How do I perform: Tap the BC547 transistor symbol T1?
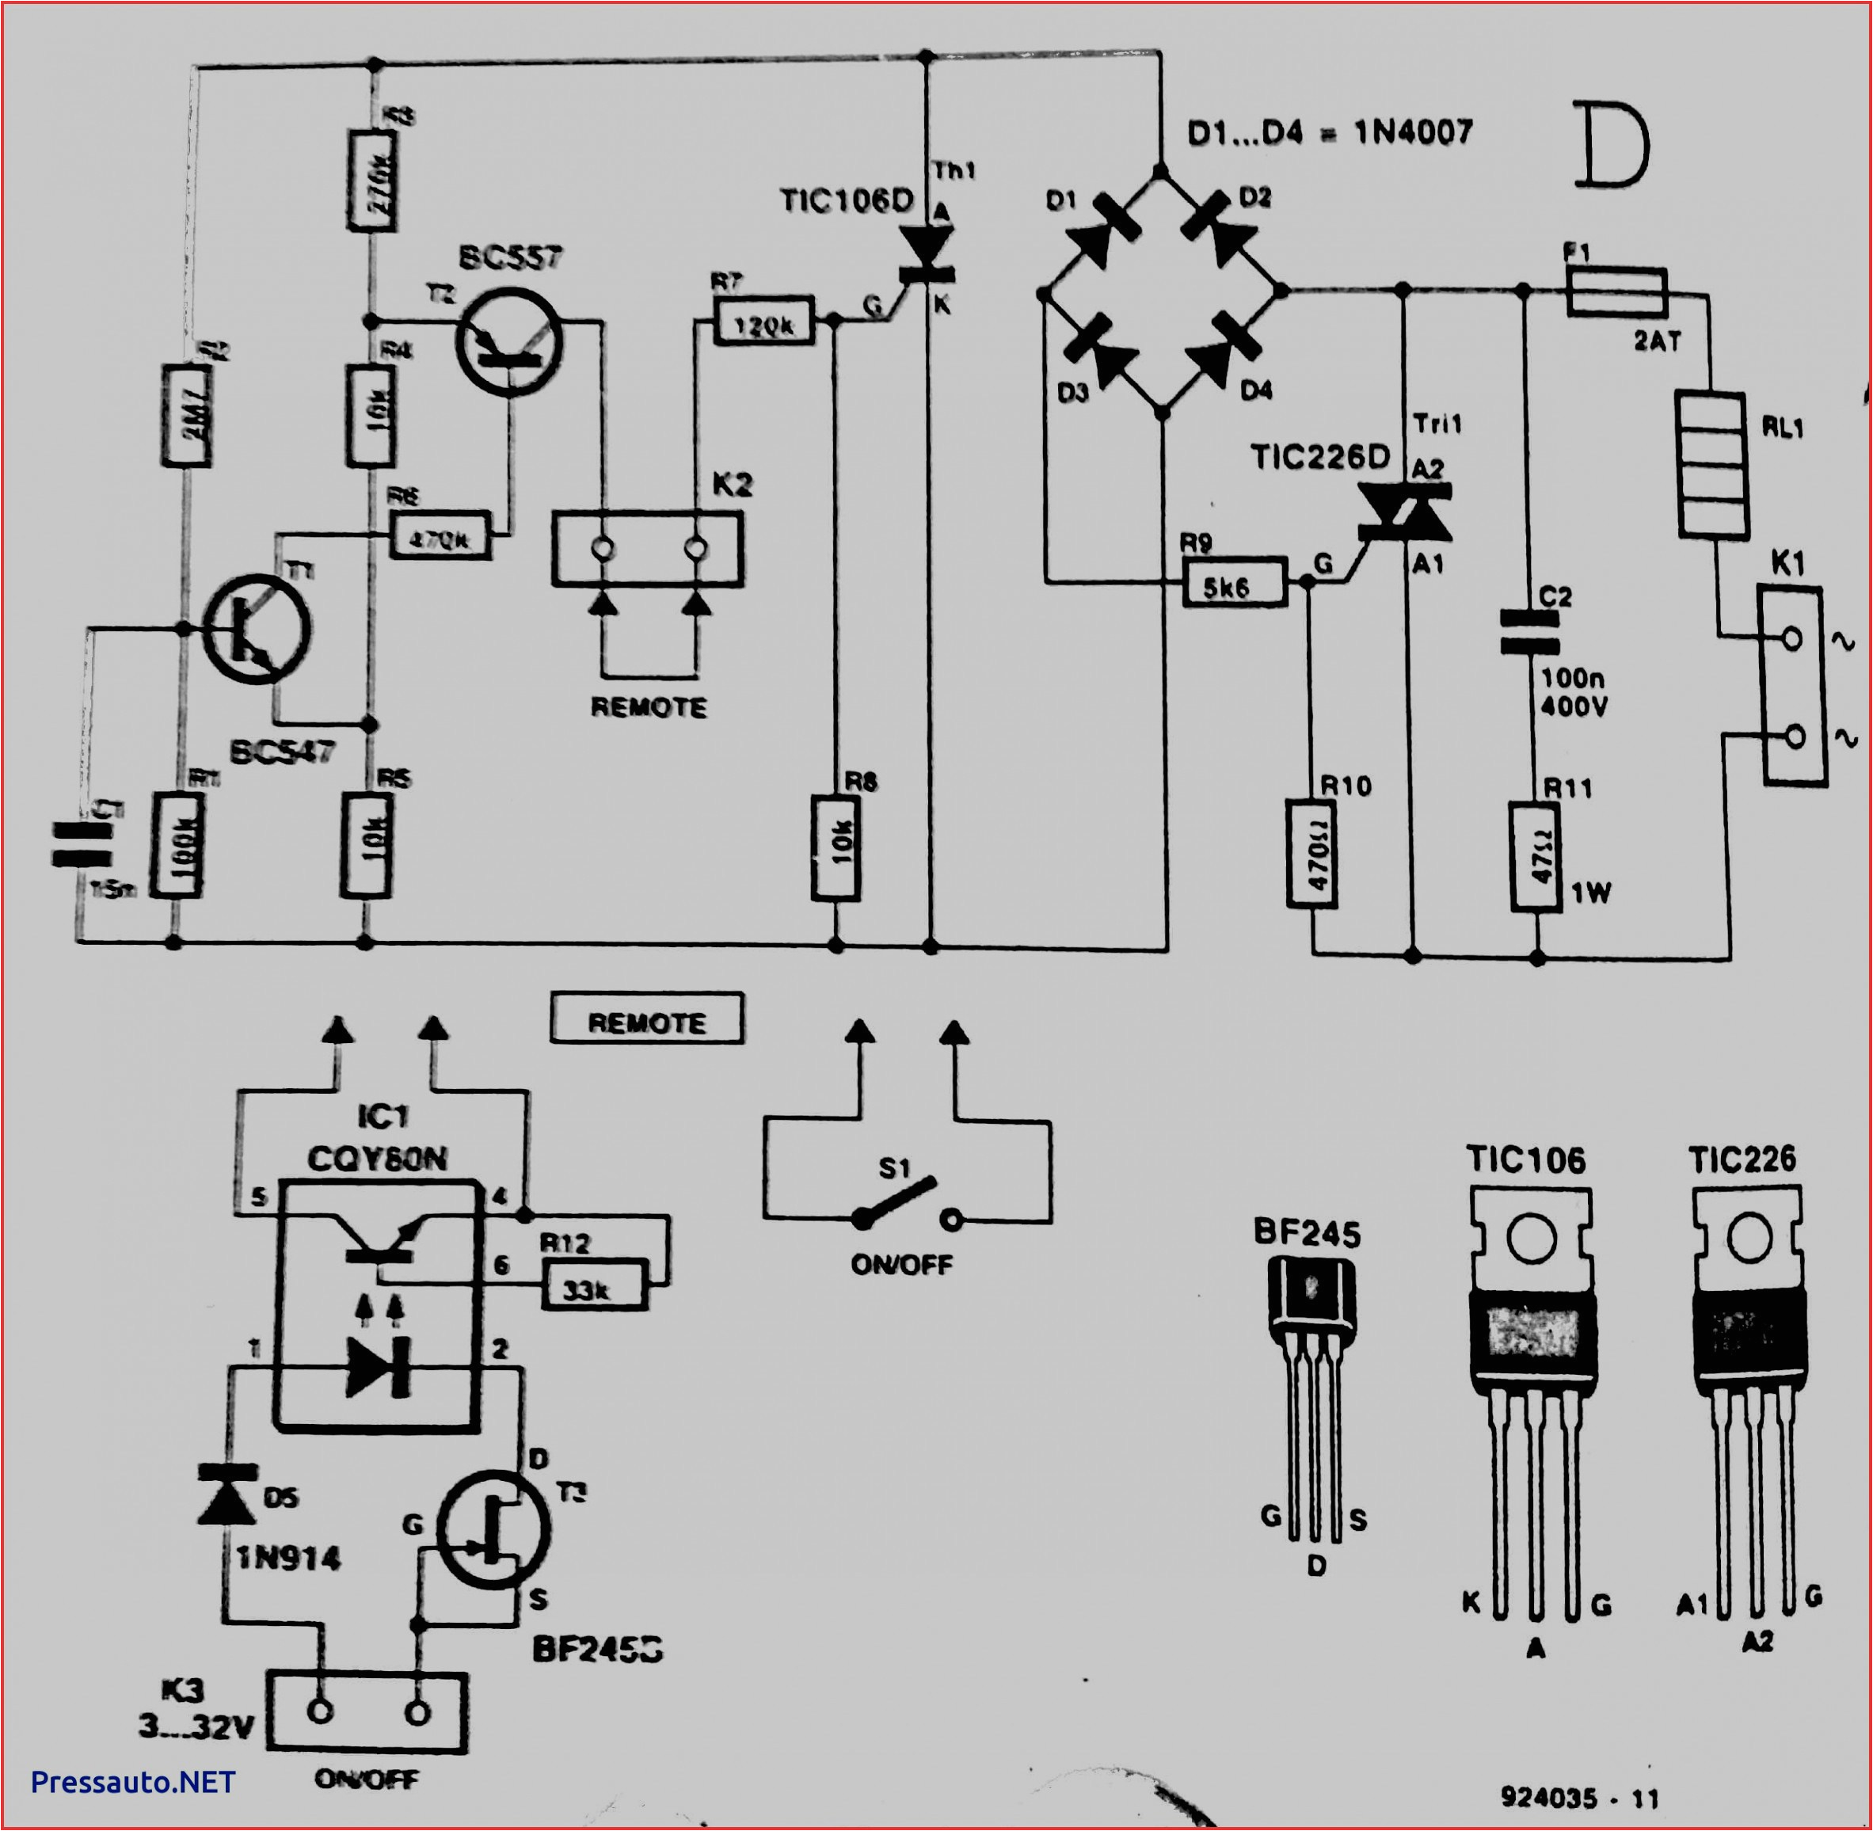point(257,629)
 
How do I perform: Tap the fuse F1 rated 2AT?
point(1616,291)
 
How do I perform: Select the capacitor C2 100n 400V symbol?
point(1530,631)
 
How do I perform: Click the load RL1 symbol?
point(1711,464)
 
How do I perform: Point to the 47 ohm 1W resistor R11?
point(1536,856)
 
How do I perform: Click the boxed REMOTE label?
point(646,1019)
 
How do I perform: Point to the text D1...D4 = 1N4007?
point(1329,133)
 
